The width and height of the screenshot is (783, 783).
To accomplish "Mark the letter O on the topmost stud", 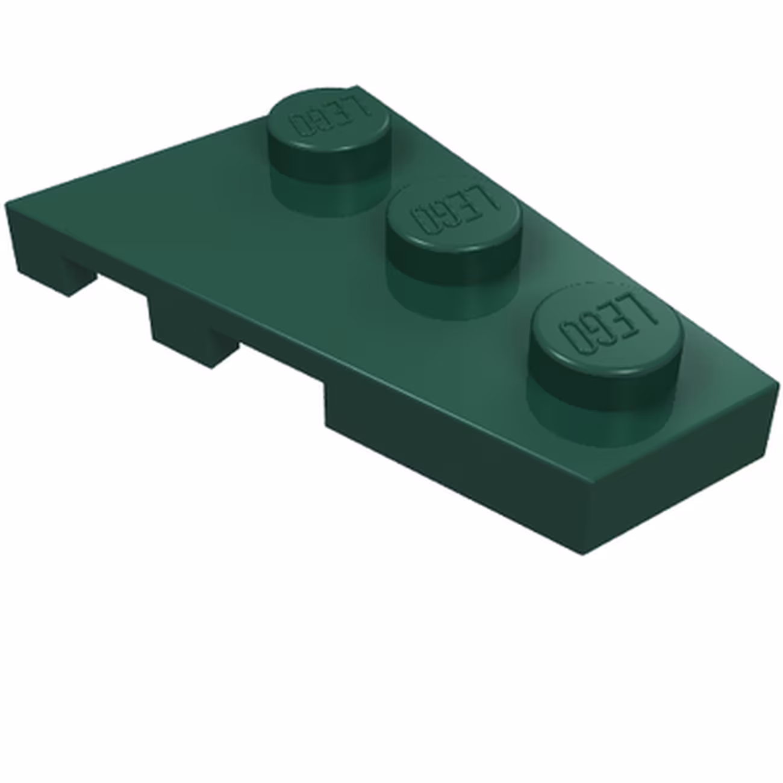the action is point(299,126).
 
